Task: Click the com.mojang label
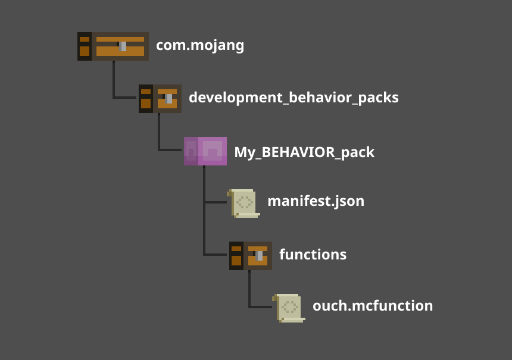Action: coord(200,45)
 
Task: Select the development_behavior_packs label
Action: coord(294,98)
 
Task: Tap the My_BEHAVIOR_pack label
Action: coord(304,152)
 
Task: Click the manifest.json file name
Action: coord(316,201)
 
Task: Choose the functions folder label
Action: coord(313,255)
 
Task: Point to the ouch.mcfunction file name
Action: coord(373,306)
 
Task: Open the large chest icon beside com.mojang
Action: coord(113,46)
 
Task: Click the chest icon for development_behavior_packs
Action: coord(160,98)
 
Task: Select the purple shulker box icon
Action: coord(205,151)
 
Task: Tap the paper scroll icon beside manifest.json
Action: coord(244,203)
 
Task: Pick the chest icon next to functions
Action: coord(251,255)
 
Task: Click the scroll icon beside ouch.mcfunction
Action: coord(289,307)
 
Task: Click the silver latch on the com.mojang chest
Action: coord(123,46)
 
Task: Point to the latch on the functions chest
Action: coord(259,255)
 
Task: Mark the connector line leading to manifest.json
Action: coord(216,202)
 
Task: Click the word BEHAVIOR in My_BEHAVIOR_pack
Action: coord(295,152)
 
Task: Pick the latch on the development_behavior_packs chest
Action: coord(169,98)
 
